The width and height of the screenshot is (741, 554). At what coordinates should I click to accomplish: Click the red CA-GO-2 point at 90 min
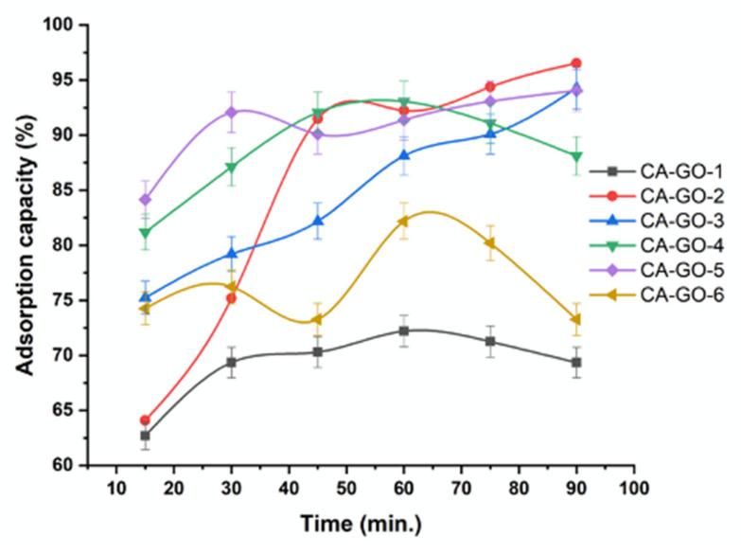click(576, 63)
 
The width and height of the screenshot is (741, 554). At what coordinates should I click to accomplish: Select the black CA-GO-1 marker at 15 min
click(145, 436)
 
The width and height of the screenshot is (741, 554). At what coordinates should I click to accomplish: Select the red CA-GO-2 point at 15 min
click(145, 420)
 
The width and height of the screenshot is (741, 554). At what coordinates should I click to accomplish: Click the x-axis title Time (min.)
click(361, 524)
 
